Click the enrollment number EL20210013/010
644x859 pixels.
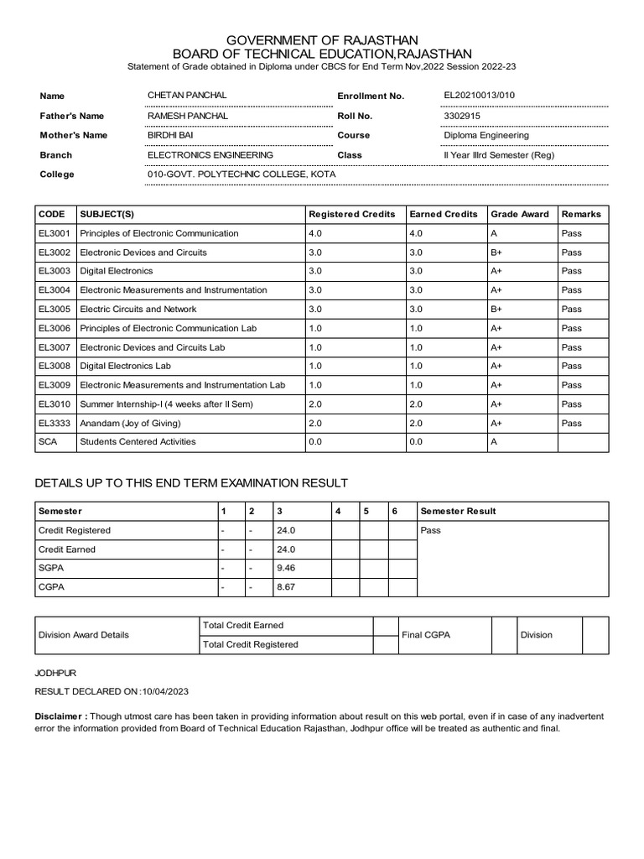480,96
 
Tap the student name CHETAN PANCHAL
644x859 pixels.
186,96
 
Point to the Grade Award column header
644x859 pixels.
520,214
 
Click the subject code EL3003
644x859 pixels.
55,271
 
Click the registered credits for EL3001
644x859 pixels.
316,233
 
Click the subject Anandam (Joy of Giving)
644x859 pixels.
130,423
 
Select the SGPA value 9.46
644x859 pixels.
286,568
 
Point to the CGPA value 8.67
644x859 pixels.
286,587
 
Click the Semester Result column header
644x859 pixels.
458,511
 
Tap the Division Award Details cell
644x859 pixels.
84,635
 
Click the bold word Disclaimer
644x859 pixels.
60,717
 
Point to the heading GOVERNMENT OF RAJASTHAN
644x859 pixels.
322,40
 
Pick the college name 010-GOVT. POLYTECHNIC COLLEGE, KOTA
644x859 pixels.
241,174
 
